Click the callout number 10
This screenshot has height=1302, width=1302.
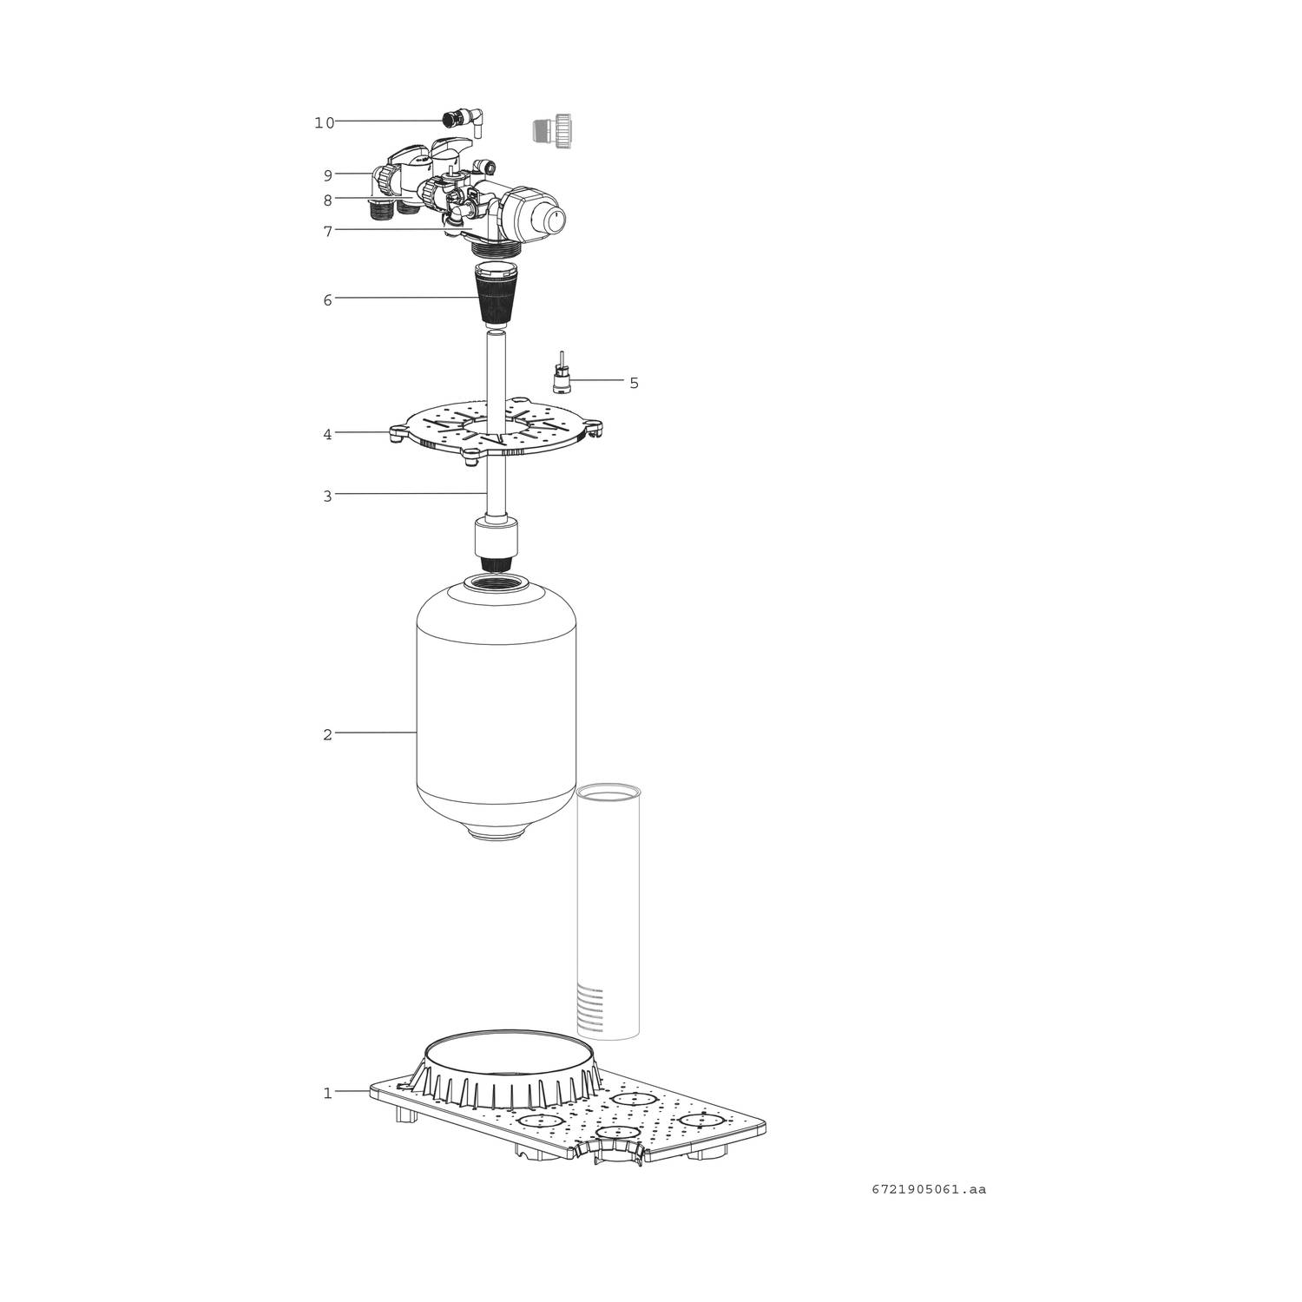[x=324, y=123]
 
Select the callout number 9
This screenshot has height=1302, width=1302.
[x=327, y=175]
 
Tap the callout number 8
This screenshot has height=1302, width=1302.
[x=327, y=201]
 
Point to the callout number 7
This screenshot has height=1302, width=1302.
[x=327, y=232]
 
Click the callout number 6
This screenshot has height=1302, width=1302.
[x=327, y=300]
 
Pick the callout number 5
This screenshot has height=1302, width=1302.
[x=634, y=383]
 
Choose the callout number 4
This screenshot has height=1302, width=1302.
[x=327, y=434]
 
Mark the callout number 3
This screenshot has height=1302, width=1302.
[x=327, y=496]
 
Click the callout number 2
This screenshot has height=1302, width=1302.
[x=327, y=734]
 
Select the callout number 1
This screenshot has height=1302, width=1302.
[x=327, y=1093]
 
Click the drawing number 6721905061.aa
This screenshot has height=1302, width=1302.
[x=929, y=1189]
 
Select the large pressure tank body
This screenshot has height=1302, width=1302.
[x=496, y=707]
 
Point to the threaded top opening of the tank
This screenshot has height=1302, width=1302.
[x=496, y=584]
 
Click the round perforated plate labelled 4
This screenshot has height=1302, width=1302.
[x=496, y=428]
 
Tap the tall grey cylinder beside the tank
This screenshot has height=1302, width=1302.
[x=608, y=911]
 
